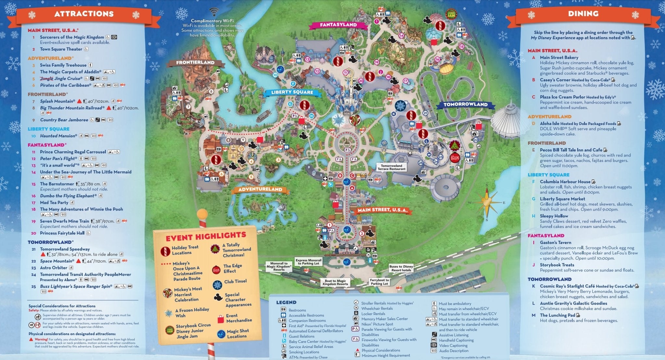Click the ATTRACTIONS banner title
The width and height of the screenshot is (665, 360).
tap(84, 14)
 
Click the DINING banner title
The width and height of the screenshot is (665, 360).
tap(583, 14)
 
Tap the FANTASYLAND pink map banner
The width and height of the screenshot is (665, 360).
tap(338, 25)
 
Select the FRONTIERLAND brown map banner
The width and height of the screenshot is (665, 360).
tap(195, 62)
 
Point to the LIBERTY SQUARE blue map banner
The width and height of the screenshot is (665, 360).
tap(292, 92)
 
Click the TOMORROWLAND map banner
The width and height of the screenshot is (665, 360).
tap(465, 105)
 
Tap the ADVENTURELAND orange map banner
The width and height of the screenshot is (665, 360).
tap(260, 189)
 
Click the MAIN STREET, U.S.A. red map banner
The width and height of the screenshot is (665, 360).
tap(382, 210)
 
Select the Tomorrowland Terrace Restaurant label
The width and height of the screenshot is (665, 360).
tap(391, 167)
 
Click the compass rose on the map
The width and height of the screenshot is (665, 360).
tap(487, 202)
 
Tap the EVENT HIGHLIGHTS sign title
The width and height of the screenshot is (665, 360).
tap(206, 237)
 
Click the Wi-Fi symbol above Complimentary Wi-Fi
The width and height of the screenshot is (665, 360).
tap(213, 12)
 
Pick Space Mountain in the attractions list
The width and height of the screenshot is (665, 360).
tap(57, 261)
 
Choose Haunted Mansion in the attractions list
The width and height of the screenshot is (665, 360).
tap(58, 136)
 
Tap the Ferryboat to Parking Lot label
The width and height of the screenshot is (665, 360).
tap(379, 282)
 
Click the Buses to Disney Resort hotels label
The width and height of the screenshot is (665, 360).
tap(401, 268)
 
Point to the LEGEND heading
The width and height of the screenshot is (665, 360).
tap(286, 302)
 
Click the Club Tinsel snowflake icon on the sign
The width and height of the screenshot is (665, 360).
tap(217, 285)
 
